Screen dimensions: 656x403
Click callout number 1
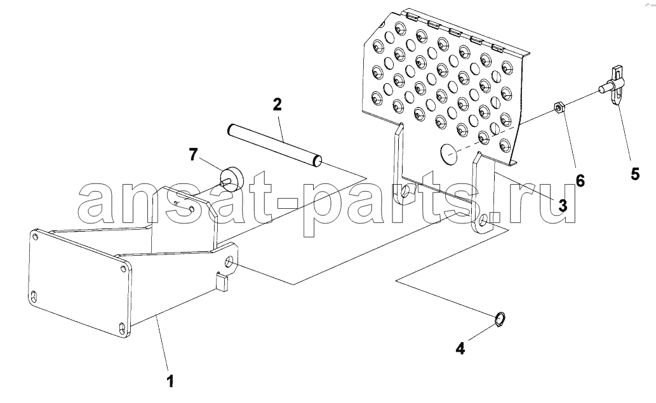point(170,381)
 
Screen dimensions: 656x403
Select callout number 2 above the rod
point(278,105)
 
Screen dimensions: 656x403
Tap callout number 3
point(563,205)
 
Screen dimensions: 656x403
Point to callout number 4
point(460,348)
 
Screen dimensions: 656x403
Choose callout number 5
point(635,173)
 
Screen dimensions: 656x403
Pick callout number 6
point(580,180)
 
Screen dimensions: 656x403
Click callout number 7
point(192,155)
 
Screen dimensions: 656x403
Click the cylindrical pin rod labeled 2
point(274,145)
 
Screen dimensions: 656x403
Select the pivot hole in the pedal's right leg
point(483,220)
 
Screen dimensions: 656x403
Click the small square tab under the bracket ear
point(223,281)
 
